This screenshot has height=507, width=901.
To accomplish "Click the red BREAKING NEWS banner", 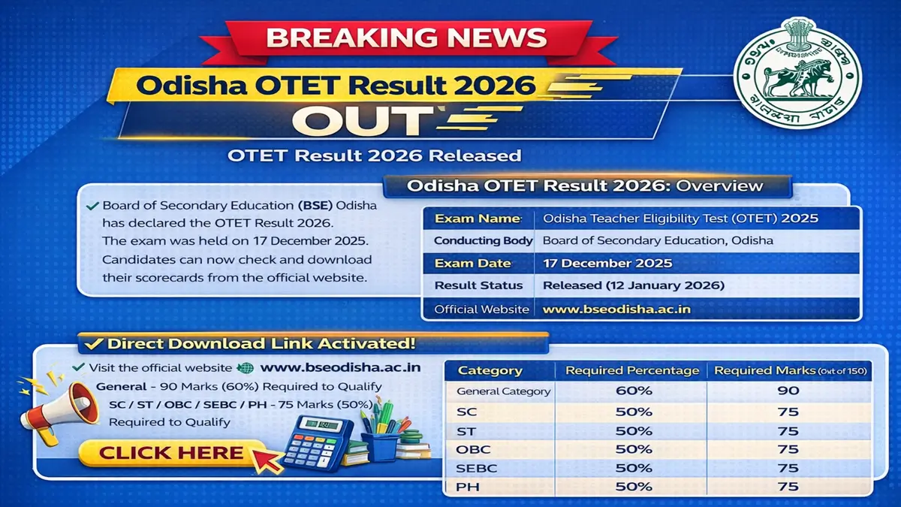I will (405, 37).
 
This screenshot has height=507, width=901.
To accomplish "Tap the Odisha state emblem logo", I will (797, 73).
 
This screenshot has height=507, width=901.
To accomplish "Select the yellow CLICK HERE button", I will (172, 452).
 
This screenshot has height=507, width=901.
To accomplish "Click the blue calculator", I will (316, 443).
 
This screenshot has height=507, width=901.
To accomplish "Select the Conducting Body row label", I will (484, 241).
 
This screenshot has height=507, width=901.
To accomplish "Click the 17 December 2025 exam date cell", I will (607, 264).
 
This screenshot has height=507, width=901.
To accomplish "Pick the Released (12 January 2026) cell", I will (633, 286).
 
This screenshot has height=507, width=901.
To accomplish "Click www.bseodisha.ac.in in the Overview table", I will (616, 309).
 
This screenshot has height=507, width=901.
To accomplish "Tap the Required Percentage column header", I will (632, 370).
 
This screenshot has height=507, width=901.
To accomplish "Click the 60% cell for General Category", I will (634, 391).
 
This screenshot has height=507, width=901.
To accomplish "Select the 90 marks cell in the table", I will (788, 391).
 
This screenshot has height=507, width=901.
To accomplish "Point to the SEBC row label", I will (476, 468).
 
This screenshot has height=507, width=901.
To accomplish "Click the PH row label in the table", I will (468, 487).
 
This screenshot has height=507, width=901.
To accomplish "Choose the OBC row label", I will (473, 449).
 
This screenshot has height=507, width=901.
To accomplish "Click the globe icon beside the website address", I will (245, 368).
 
